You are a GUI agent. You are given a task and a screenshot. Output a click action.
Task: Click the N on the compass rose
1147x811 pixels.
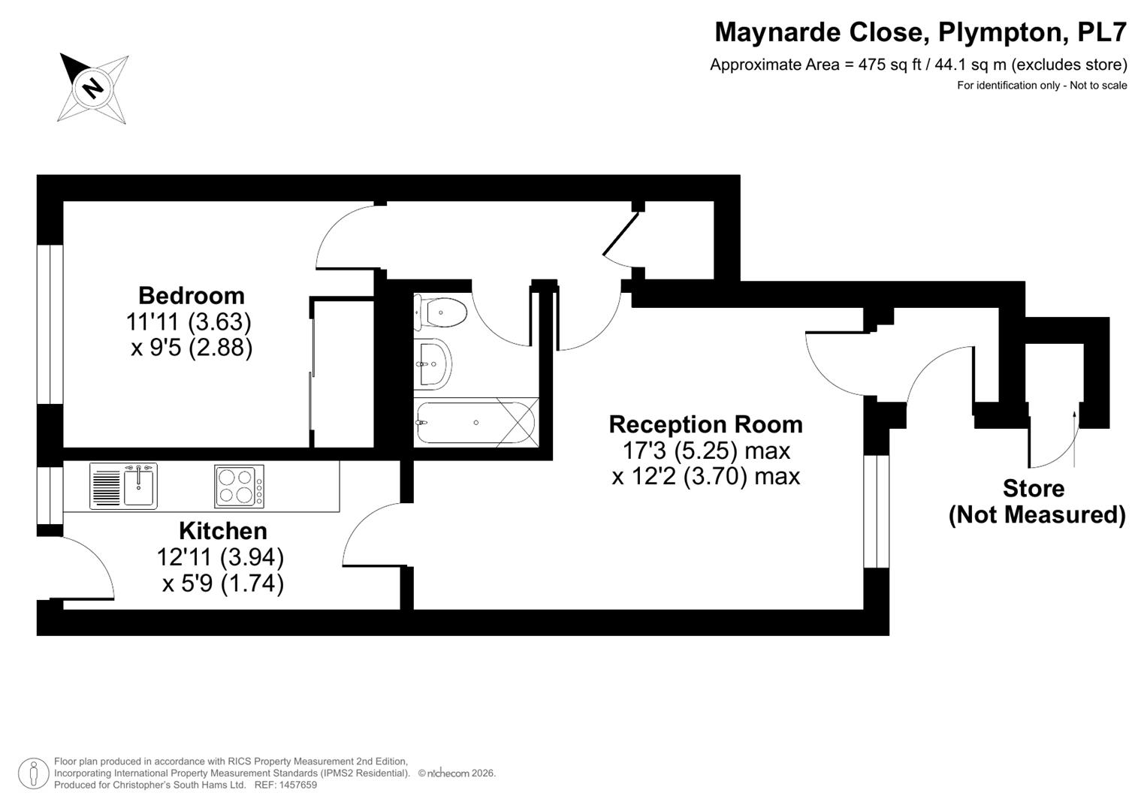93,88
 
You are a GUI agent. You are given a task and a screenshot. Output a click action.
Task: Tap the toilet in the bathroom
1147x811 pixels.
440,312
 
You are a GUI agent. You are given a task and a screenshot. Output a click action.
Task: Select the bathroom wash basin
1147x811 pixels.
433,364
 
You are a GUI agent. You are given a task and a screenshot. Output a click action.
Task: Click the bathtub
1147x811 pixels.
475,423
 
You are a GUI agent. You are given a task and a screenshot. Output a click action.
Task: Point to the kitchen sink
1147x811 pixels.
123,486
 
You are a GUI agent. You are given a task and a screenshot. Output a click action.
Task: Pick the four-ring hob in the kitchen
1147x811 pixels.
240,486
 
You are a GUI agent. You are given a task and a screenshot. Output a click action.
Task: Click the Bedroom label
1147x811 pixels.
192,296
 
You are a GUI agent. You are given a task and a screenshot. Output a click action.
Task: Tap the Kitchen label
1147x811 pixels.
223,531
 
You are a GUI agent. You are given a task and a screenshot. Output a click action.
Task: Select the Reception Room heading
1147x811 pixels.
705,424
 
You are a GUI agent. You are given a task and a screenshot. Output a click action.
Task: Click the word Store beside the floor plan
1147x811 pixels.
1034,488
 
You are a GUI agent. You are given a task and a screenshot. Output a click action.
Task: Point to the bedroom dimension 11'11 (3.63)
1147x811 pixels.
189,322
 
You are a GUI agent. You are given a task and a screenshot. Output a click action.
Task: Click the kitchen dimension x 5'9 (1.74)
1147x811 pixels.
223,583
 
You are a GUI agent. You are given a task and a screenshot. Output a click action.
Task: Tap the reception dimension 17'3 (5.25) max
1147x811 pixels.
706,451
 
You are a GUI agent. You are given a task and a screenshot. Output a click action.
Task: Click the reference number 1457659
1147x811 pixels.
297,785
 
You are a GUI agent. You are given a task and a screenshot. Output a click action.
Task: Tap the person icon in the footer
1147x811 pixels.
34,773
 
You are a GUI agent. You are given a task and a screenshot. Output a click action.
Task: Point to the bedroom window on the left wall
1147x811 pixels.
50,324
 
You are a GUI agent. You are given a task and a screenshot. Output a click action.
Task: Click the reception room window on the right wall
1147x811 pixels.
877,511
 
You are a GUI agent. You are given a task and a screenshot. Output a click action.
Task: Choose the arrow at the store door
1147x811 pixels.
1074,439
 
